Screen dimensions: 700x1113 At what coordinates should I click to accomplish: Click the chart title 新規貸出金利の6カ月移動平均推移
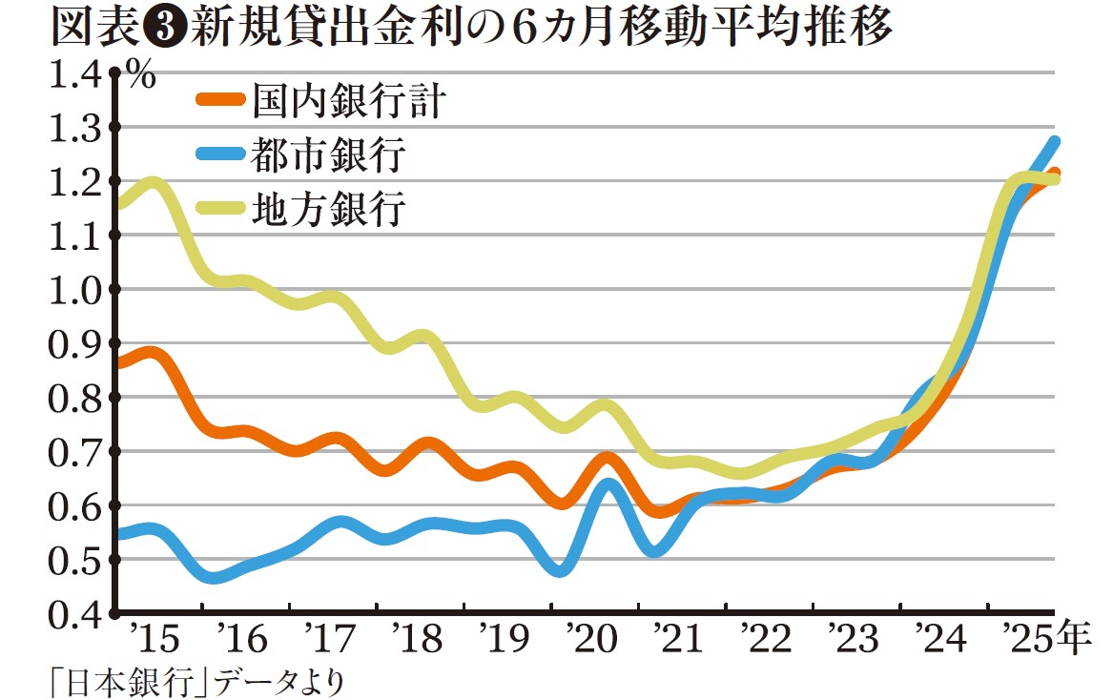click(541, 29)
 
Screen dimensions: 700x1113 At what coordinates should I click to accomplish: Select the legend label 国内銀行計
click(349, 100)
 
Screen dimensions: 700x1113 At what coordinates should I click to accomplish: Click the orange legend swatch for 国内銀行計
click(220, 99)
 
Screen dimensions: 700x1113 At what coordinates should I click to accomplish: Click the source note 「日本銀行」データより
click(195, 683)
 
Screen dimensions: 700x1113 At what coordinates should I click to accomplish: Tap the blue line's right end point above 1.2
click(1054, 142)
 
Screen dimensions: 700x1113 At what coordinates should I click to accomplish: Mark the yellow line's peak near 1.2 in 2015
click(153, 182)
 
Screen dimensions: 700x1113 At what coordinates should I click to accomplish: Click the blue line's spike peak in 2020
click(608, 485)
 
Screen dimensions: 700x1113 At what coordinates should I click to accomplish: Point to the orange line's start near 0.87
click(117, 362)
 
